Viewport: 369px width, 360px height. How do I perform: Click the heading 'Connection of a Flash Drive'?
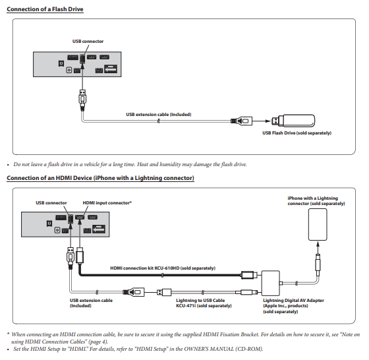[45, 9]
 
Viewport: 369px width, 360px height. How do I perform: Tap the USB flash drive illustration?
[293, 121]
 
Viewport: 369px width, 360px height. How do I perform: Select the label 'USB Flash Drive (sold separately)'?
[297, 133]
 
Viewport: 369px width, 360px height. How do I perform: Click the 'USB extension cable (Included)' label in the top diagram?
[159, 115]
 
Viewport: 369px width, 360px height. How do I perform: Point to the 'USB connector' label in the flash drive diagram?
[88, 41]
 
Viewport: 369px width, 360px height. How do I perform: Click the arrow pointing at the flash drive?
[262, 121]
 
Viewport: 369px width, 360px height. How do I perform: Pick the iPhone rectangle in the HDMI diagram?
[318, 225]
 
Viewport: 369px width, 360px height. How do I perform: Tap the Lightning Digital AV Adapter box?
[271, 283]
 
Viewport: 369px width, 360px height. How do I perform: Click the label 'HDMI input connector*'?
[107, 202]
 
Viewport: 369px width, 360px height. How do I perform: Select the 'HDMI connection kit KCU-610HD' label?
[163, 268]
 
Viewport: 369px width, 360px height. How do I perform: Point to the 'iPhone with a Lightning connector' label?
[316, 201]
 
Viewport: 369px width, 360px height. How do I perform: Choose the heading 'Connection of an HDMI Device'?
[100, 178]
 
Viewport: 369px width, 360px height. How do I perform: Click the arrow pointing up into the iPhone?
[318, 247]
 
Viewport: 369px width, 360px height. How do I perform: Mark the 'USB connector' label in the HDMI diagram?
[51, 202]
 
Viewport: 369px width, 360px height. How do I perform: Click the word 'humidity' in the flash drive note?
[170, 164]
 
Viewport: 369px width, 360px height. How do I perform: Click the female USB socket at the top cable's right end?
[242, 121]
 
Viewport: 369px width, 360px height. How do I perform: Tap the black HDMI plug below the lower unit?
[80, 255]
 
